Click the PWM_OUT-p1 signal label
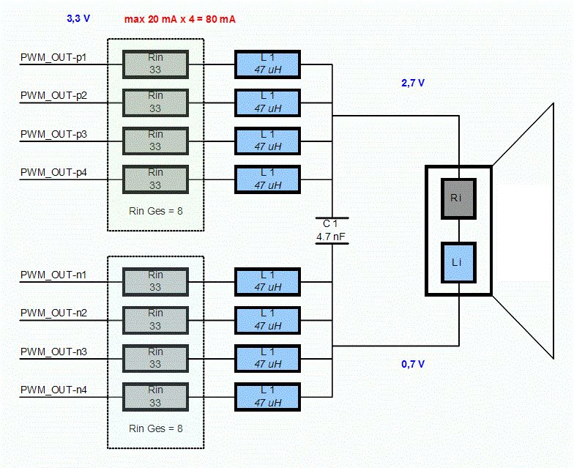(x=53, y=56)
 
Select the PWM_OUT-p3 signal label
(x=53, y=134)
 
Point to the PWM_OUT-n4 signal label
(x=53, y=390)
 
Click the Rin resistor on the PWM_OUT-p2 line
(x=155, y=102)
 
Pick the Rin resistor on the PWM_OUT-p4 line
(x=155, y=179)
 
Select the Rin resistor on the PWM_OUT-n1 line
(x=155, y=281)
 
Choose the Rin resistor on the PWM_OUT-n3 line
(x=155, y=358)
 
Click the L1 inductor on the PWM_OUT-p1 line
(x=267, y=64)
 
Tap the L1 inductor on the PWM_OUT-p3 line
(x=267, y=141)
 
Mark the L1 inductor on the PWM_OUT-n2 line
(x=267, y=319)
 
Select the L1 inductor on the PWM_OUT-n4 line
(x=267, y=396)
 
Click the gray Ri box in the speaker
(x=458, y=198)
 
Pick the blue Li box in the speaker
(x=458, y=262)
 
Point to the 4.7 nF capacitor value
(x=332, y=237)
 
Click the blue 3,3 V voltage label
(x=78, y=18)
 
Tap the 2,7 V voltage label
(x=413, y=83)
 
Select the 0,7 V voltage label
(x=413, y=364)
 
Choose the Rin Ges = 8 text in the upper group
(x=155, y=212)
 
